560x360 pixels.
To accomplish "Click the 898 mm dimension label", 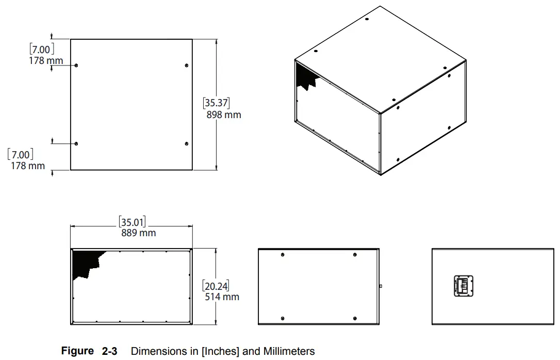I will click(224, 114).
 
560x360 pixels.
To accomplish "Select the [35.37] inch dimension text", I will click(216, 103).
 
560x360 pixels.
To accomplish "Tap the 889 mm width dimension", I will click(138, 233).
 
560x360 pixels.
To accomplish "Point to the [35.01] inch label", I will click(133, 223).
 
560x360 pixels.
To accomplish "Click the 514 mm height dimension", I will click(222, 297).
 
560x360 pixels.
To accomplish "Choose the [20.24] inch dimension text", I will click(216, 286).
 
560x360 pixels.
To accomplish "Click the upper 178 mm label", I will click(45, 61).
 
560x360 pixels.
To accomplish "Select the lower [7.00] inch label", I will click(21, 154).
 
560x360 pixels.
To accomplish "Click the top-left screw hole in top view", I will click(76, 66).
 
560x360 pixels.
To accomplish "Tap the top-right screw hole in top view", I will click(186, 65).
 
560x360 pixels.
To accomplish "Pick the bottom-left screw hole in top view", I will click(76, 143).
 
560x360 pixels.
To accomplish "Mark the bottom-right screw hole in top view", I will click(186, 143).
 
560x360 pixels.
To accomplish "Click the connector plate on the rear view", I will click(464, 285).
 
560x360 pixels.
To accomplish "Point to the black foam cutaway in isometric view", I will click(305, 77).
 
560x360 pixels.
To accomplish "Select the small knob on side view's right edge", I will click(380, 285).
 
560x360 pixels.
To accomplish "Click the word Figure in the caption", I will click(77, 351).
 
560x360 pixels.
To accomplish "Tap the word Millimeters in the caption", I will click(289, 351).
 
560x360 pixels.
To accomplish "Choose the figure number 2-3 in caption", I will click(109, 351).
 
